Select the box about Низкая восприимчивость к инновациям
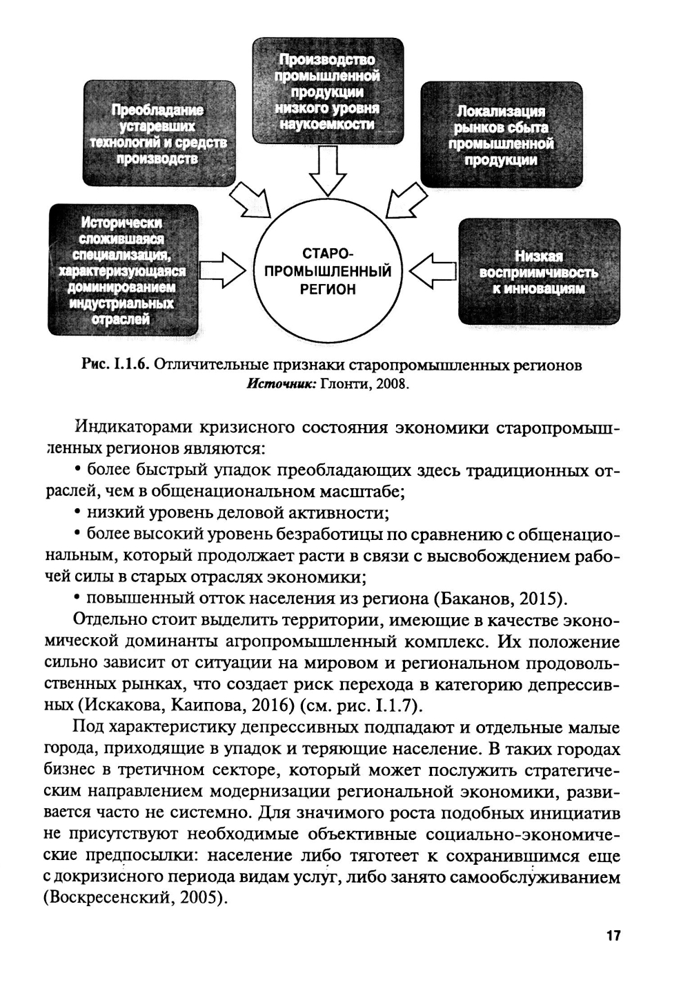tap(539, 271)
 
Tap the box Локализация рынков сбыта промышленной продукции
tap(501, 134)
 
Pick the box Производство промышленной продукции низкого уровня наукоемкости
tap(327, 91)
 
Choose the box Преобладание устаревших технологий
tap(158, 133)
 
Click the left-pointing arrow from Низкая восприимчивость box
tap(433, 270)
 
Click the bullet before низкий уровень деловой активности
tap(77, 511)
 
